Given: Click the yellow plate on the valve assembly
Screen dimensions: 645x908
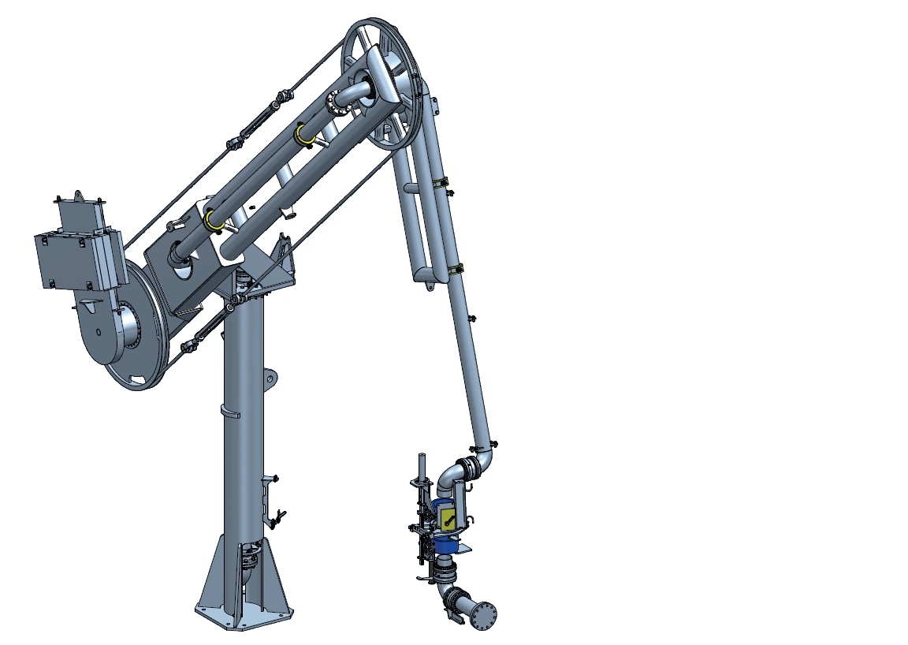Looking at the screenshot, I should pos(447,516).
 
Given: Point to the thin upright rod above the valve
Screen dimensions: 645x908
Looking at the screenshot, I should pos(422,465).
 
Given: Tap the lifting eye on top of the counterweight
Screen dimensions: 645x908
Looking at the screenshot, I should pos(79,195).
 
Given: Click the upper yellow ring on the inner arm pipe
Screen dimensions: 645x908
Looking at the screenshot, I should pos(303,134).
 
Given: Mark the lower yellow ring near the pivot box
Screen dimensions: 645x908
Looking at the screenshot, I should pos(211,221).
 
